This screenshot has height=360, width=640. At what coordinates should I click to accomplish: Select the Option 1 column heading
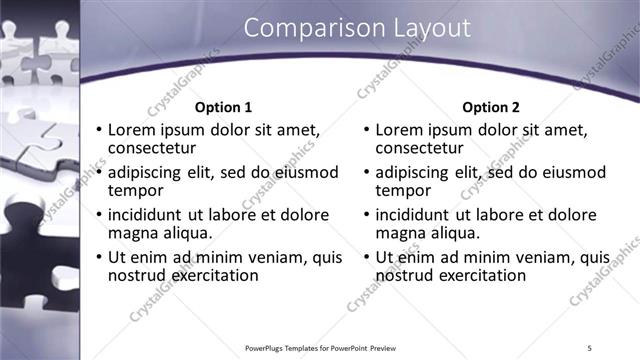[224, 107]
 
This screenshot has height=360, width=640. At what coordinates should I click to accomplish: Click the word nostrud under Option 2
[408, 275]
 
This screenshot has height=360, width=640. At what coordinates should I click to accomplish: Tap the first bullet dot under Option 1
[98, 130]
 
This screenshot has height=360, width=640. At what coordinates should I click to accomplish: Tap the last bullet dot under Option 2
[366, 258]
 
